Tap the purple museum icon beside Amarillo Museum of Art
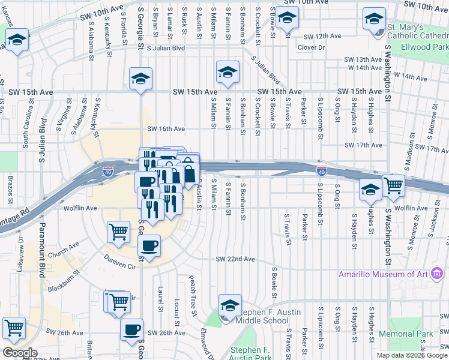(x=438, y=275)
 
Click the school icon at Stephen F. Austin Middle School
(x=229, y=305)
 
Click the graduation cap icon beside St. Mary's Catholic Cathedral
(x=375, y=19)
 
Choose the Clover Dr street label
(x=310, y=47)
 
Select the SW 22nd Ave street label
(x=236, y=259)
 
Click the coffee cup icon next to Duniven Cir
(x=149, y=244)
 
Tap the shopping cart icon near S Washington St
(x=394, y=185)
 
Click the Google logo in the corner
(x=19, y=353)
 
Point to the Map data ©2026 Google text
(x=412, y=355)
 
